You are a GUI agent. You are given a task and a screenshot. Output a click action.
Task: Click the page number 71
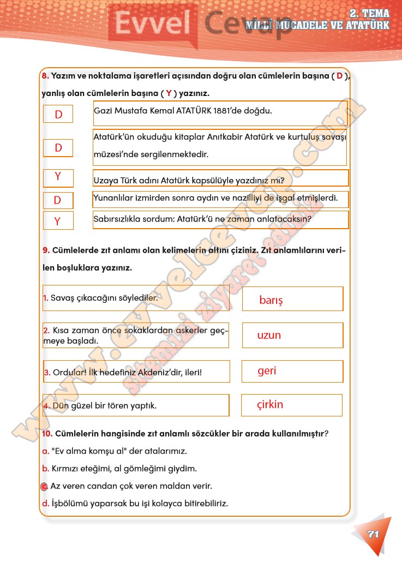click(x=373, y=534)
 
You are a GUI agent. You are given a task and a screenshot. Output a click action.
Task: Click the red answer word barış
click(x=271, y=300)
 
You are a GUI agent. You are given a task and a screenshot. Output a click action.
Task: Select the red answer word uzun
click(x=269, y=335)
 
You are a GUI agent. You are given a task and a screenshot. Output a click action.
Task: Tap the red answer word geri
click(x=267, y=371)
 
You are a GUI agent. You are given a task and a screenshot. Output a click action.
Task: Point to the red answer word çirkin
click(x=270, y=405)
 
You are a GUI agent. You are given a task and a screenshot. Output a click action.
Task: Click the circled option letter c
click(x=45, y=486)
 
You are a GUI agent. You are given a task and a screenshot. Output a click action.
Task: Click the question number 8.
click(x=45, y=76)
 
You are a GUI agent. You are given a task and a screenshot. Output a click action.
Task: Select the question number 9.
click(x=46, y=250)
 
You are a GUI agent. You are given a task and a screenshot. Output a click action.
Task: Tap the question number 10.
click(x=47, y=434)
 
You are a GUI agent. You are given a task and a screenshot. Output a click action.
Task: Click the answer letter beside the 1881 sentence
click(x=58, y=114)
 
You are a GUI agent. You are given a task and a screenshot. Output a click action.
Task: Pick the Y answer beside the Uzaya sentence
click(x=57, y=177)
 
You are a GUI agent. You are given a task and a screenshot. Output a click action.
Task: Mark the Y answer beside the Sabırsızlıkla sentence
click(x=57, y=221)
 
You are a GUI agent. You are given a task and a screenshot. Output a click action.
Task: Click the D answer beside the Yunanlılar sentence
click(x=57, y=200)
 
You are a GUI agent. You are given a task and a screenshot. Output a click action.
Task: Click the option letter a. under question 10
click(x=45, y=451)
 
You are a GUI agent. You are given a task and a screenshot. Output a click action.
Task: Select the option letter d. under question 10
click(x=45, y=503)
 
